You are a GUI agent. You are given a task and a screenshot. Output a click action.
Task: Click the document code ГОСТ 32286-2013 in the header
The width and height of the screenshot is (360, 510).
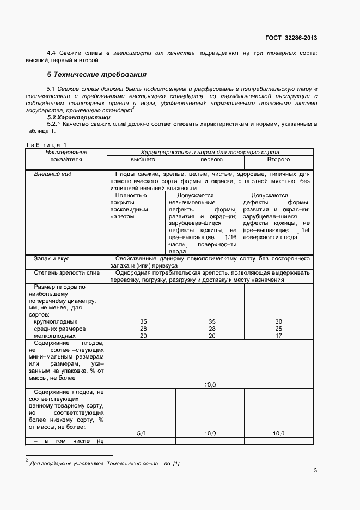tap(291, 38)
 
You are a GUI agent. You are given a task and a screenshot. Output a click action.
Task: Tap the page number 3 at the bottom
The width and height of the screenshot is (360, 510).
tap(315, 471)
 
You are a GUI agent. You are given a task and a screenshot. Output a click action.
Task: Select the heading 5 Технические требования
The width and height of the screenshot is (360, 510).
tap(96, 74)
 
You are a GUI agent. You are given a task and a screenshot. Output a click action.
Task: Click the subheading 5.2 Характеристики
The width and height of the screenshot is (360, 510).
tap(78, 117)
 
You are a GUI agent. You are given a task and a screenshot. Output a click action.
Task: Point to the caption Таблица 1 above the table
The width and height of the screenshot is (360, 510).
tap(46, 144)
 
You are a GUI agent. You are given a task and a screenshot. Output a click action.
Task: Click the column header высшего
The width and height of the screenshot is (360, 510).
tap(143, 160)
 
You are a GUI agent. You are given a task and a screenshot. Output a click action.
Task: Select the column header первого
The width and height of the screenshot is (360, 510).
tap(211, 160)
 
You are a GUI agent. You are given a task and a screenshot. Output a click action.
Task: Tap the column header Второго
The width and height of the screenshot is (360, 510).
tap(278, 160)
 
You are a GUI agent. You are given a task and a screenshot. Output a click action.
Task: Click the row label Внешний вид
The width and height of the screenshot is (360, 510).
tap(52, 174)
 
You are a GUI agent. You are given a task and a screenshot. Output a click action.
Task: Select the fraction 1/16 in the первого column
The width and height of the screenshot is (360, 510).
tap(230, 238)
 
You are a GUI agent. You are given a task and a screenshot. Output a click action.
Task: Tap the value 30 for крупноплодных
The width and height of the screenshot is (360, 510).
tap(278, 322)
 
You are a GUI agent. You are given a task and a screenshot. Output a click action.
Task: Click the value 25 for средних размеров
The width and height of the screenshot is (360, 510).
tap(278, 329)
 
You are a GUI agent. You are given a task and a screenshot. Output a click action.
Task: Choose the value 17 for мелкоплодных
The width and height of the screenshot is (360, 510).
tap(278, 336)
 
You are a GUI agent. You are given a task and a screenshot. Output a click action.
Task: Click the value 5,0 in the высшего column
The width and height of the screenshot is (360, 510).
tap(141, 433)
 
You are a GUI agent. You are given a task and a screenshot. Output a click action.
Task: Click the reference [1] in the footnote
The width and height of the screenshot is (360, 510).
tap(176, 463)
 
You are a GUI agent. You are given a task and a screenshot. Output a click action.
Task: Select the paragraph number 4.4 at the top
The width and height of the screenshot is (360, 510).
tap(52, 52)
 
